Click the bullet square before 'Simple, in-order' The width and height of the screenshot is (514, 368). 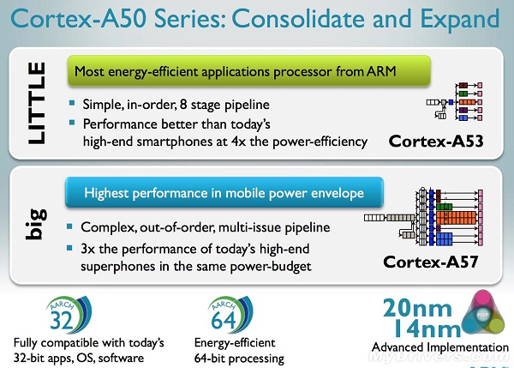click(76, 104)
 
